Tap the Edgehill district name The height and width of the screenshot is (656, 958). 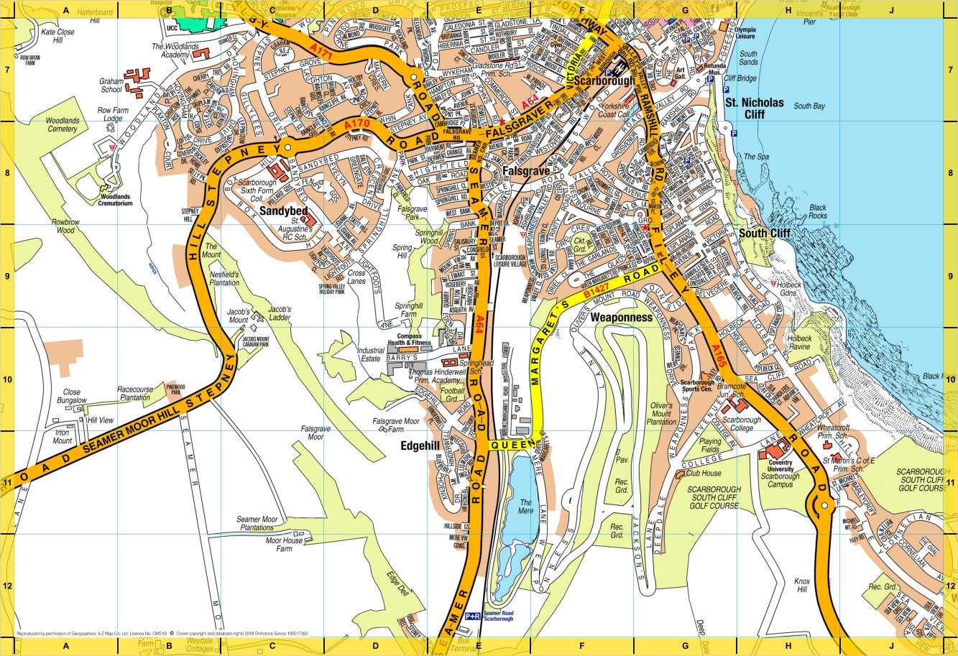click(420, 446)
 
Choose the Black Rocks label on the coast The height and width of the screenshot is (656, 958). click(818, 211)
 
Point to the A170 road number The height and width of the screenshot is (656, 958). click(356, 125)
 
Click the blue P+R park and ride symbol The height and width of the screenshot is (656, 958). click(472, 616)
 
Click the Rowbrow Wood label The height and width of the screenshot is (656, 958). click(63, 226)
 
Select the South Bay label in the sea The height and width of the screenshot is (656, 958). click(808, 106)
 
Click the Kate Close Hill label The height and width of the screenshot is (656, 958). click(57, 37)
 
